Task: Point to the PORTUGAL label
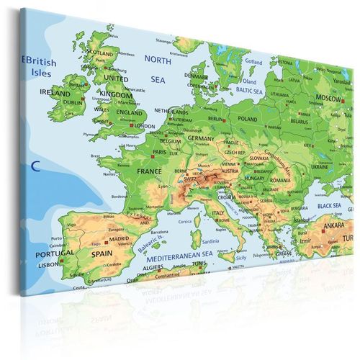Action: point(55,253)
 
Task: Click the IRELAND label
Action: point(55,94)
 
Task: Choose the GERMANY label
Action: point(202,137)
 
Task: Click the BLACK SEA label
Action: point(328,206)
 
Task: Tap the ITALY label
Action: point(216,213)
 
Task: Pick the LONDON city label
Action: point(144,126)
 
